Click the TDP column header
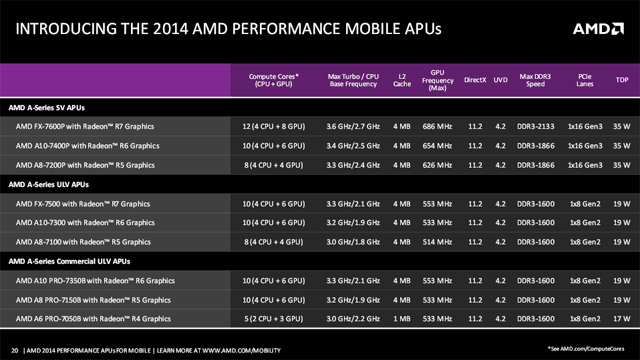[x=621, y=77]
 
